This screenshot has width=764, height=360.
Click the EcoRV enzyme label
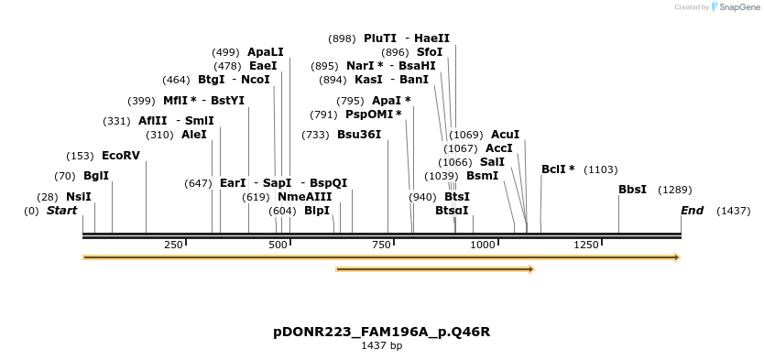(x=120, y=156)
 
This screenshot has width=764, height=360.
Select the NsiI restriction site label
(x=79, y=197)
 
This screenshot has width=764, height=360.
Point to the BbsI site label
(x=632, y=190)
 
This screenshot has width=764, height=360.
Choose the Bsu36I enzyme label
(x=359, y=135)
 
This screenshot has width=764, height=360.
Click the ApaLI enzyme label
(x=266, y=52)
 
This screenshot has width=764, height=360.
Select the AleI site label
(x=194, y=135)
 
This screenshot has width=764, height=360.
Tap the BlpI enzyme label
(x=317, y=211)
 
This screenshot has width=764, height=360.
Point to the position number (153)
(x=81, y=156)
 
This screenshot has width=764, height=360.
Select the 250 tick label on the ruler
(x=173, y=245)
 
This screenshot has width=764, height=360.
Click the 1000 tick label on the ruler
(x=483, y=245)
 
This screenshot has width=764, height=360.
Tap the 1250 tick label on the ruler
(x=586, y=245)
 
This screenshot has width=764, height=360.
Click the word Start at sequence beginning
(x=61, y=211)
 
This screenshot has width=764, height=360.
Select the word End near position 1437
(x=692, y=211)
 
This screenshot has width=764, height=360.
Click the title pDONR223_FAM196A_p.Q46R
(x=381, y=332)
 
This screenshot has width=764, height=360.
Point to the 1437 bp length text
(x=381, y=346)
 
